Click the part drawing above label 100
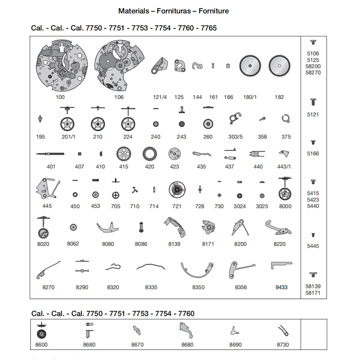(x=62, y=65)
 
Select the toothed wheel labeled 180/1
(x=250, y=66)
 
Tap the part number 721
(x=177, y=206)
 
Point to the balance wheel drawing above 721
(x=177, y=189)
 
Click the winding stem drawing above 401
(x=50, y=154)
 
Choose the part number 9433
(x=282, y=287)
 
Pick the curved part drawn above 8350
(x=197, y=274)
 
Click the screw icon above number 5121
(x=313, y=102)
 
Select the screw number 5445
(x=313, y=246)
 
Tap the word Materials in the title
(x=134, y=11)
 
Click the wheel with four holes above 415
(x=123, y=154)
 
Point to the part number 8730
(x=283, y=344)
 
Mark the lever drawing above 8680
(x=186, y=330)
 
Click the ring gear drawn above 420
(x=150, y=154)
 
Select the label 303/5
(x=235, y=137)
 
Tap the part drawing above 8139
(x=175, y=227)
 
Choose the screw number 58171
(x=313, y=293)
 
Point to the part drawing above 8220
(x=278, y=228)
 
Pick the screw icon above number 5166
(x=313, y=143)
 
